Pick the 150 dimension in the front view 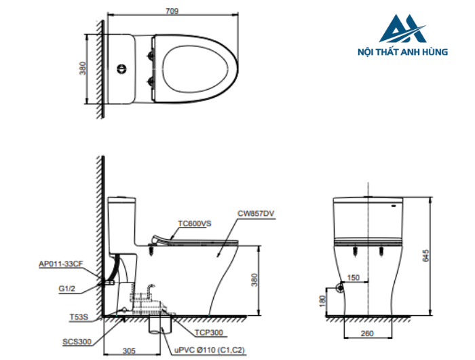pyautogui.click(x=354, y=278)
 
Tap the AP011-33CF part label pyautogui.click(x=62, y=264)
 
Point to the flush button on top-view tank pyautogui.click(x=122, y=68)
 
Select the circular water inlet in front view pyautogui.click(x=337, y=289)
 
